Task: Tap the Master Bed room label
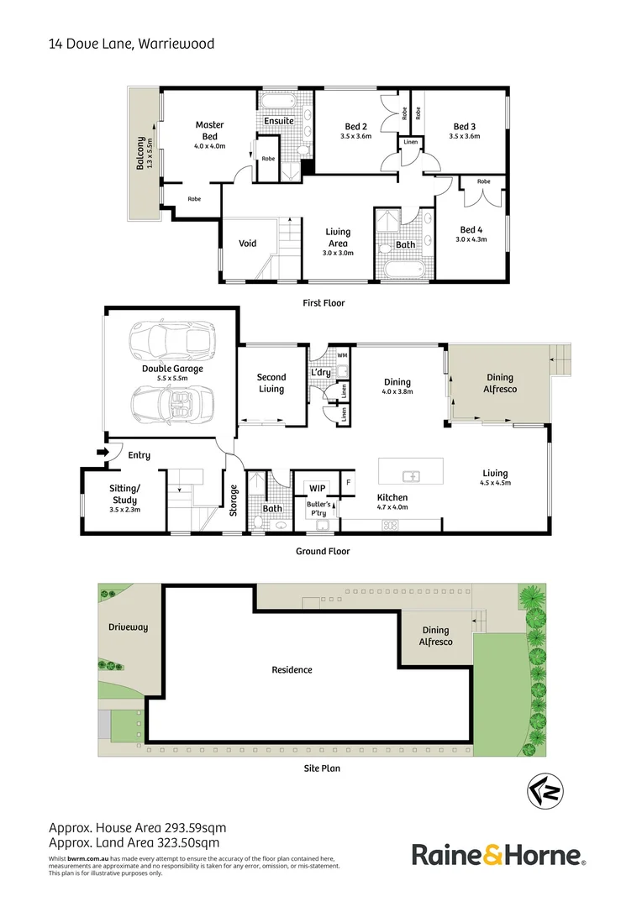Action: pos(209,130)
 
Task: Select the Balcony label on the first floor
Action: pos(140,154)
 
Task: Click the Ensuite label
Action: pos(279,121)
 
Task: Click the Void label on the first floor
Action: pos(247,244)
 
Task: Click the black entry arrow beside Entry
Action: pos(103,453)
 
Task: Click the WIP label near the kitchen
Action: pos(318,487)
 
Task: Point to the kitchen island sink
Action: pos(412,477)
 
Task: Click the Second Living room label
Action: pos(271,383)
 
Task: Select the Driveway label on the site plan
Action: pos(128,627)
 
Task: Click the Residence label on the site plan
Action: pos(292,669)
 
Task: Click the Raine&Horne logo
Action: pos(498,856)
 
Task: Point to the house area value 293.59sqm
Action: pos(189,828)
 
